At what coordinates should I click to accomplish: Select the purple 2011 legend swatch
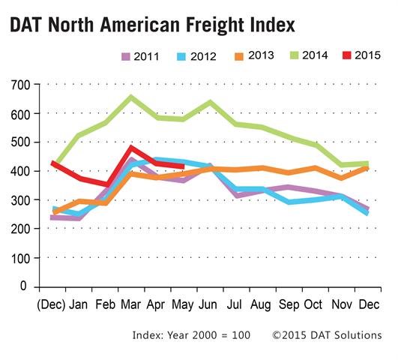(126, 57)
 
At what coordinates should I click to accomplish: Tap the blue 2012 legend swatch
(181, 57)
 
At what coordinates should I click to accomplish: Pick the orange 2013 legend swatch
(239, 56)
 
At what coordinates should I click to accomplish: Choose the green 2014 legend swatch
(294, 55)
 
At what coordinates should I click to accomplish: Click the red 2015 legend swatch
(347, 55)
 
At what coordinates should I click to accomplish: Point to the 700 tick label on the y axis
(20, 85)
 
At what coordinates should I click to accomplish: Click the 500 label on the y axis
(20, 142)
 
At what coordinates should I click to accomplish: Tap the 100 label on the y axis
(20, 259)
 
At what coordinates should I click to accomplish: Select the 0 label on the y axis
(23, 286)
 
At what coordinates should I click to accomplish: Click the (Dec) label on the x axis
(51, 305)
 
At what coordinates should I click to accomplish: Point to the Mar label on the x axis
(131, 304)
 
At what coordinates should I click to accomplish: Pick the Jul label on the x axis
(235, 304)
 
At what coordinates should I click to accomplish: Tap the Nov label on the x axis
(342, 304)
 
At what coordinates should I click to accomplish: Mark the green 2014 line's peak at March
(131, 97)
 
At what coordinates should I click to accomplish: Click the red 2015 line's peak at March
(131, 147)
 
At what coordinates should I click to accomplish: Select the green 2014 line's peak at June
(210, 102)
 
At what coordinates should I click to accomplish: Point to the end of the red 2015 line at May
(184, 166)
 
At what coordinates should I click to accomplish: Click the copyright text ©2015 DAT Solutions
(327, 335)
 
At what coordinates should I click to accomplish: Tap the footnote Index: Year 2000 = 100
(191, 335)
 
